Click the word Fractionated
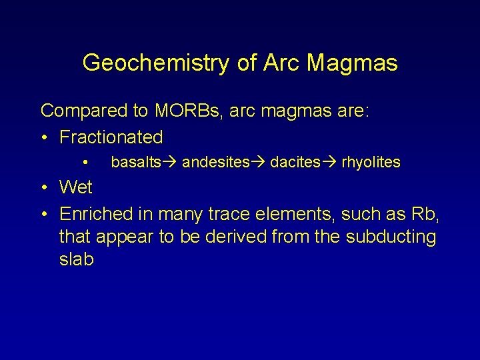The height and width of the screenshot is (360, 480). tap(111, 137)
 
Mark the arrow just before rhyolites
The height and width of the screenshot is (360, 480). tap(330, 162)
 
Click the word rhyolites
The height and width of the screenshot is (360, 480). tap(371, 162)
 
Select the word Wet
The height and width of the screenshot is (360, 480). tap(76, 187)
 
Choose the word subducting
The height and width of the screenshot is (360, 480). tap(388, 237)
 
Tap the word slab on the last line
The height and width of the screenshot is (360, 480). tap(77, 259)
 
